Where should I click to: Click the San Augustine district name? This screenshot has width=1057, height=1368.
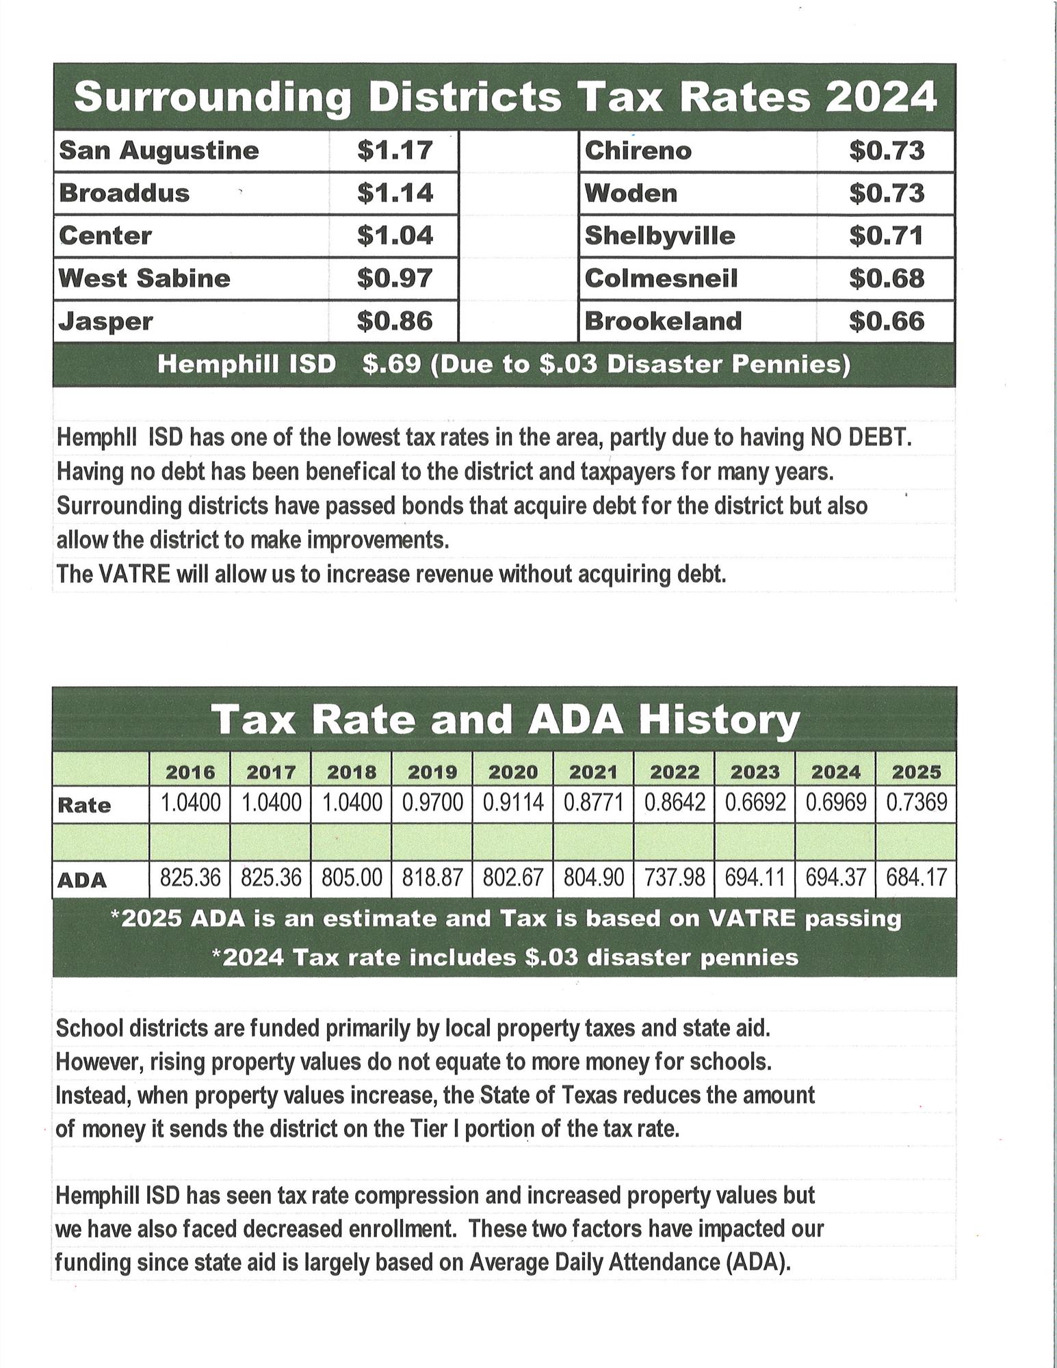click(159, 150)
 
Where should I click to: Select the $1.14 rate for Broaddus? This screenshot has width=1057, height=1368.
click(395, 193)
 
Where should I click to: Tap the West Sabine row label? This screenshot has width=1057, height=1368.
click(144, 278)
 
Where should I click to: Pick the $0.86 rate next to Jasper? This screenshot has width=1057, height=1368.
click(395, 321)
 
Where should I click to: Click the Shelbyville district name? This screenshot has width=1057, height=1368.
click(660, 236)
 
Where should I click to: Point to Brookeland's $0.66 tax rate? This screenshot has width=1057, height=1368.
click(887, 321)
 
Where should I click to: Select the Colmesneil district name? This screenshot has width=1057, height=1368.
click(661, 278)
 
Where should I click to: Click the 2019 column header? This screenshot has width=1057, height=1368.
click(432, 772)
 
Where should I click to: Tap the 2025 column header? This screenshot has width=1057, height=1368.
click(917, 772)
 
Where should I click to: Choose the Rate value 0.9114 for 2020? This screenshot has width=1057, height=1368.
click(513, 802)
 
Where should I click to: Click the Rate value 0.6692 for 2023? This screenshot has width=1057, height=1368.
click(755, 802)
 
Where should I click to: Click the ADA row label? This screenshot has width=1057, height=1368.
click(82, 880)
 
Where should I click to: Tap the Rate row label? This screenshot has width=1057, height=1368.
click(84, 805)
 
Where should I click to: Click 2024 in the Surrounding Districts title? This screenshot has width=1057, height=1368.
click(880, 96)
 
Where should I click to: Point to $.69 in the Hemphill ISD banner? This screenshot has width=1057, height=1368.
click(391, 364)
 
